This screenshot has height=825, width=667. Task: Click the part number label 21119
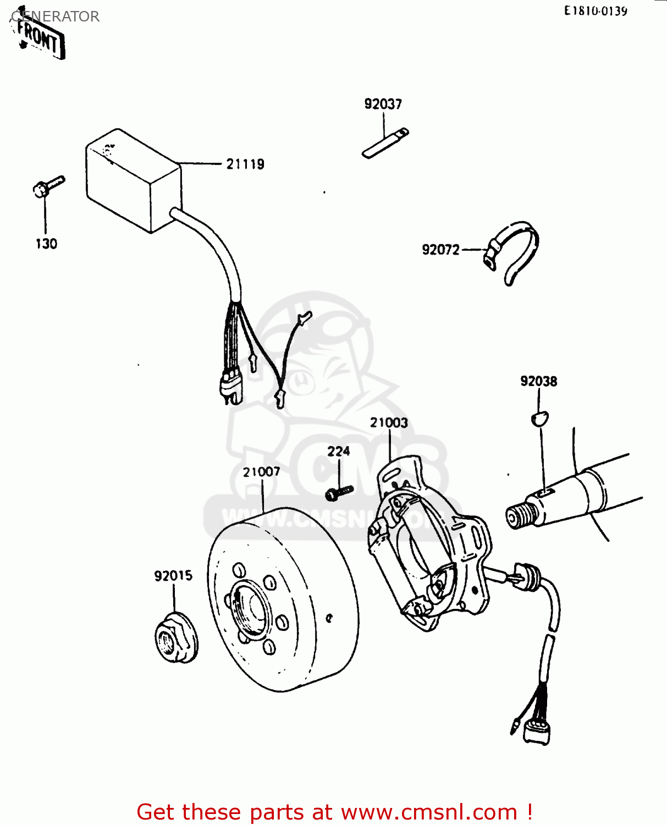245,164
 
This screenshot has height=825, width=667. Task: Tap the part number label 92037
383,104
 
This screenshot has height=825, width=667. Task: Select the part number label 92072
440,250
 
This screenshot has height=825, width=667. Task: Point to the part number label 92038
538,381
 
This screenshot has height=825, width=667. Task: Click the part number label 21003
389,422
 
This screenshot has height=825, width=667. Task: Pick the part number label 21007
262,472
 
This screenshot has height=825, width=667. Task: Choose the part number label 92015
173,576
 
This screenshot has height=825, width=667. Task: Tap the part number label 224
338,451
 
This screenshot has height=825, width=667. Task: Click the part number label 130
46,244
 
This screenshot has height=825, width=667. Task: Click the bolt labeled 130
47,186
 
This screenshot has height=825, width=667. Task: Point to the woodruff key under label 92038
539,419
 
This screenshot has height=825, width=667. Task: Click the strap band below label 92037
385,143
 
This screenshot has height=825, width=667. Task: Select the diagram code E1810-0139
596,11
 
